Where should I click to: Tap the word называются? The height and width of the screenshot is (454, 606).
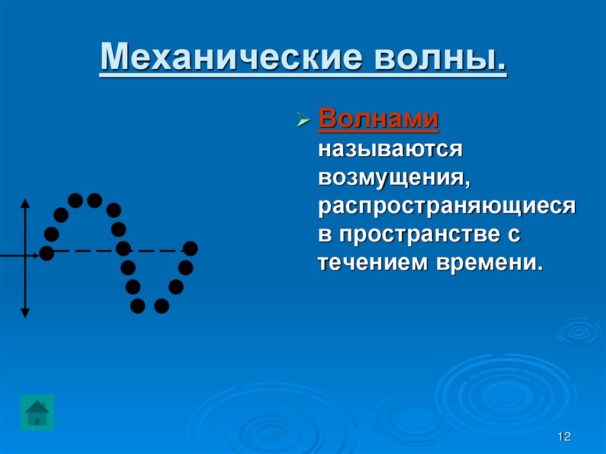390,149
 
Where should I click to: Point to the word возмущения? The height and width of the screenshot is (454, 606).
394,177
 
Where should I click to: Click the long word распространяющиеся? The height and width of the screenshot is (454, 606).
447,205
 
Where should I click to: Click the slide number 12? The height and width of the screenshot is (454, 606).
563,437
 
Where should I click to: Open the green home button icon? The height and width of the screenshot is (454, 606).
37,413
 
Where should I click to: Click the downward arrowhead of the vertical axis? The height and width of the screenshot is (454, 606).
25,312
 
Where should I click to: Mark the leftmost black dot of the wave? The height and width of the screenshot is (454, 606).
46,254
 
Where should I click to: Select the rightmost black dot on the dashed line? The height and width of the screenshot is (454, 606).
190,248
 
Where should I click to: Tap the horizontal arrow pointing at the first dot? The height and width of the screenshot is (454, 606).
18,255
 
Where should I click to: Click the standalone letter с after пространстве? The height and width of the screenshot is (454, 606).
514,235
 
